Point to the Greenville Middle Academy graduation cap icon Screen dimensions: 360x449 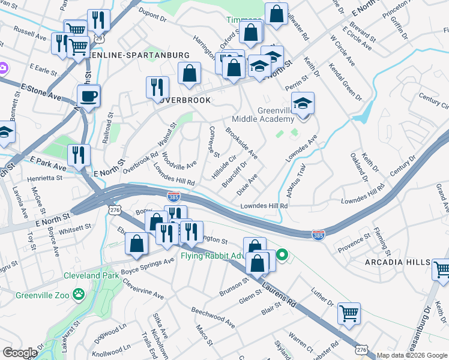pos(303,103)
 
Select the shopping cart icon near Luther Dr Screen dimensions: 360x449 pos(349,313)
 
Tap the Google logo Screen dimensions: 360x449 pos(19,352)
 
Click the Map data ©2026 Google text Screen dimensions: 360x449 pos(412,355)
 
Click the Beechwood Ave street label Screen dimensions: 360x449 pos(212,316)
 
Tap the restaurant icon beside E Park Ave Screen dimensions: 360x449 pos(79,155)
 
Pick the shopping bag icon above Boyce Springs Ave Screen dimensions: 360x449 pos(136,243)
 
